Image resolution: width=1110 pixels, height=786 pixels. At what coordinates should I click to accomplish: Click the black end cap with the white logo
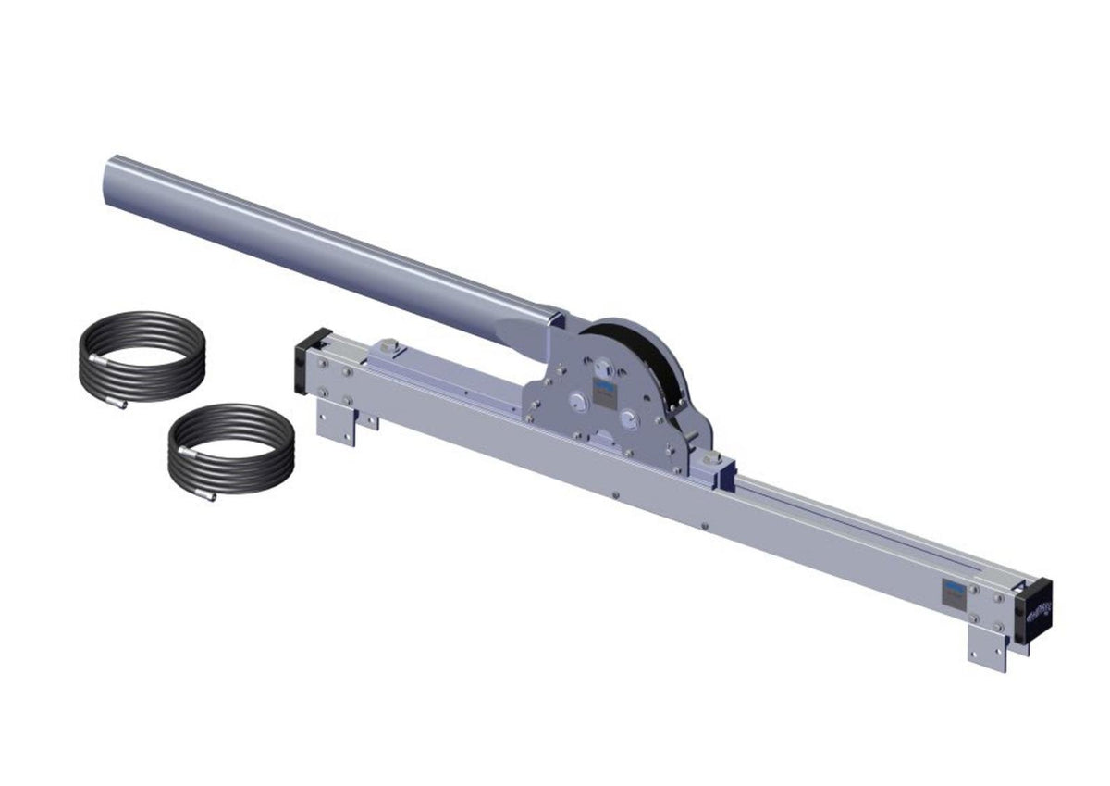point(1034,610)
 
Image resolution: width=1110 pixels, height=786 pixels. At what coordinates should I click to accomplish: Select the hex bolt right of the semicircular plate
point(710,461)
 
